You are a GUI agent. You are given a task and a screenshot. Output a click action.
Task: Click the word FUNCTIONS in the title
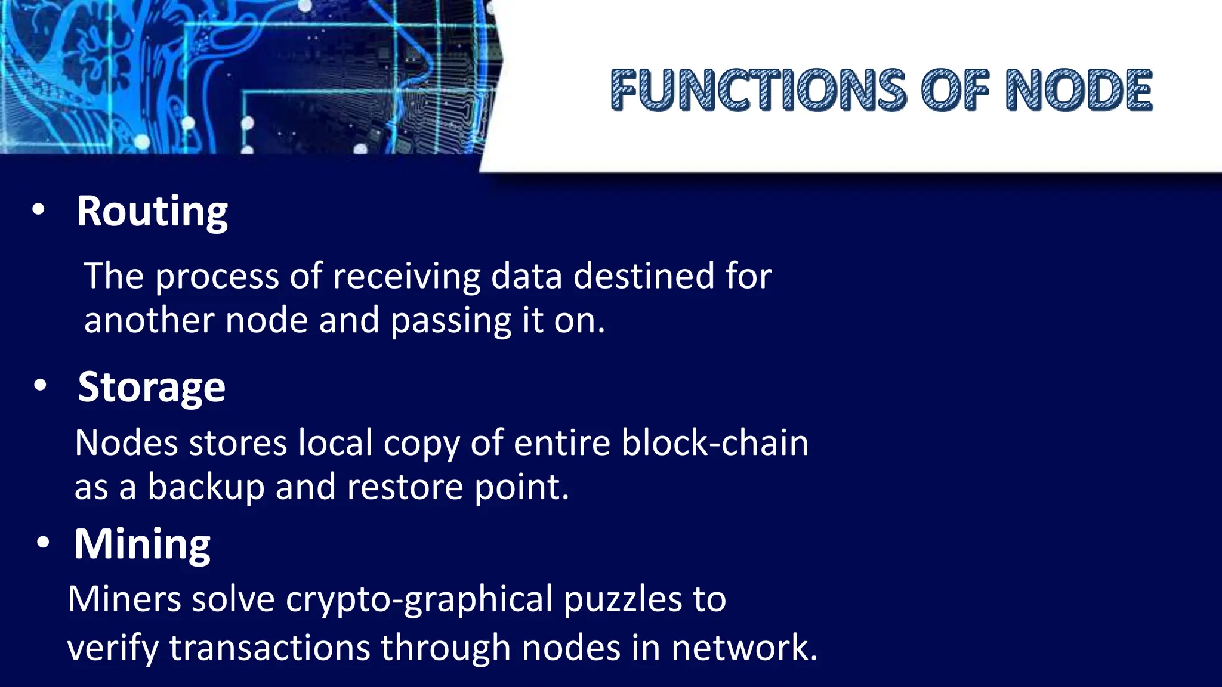(x=758, y=90)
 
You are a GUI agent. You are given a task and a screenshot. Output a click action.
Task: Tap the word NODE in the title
(x=1079, y=90)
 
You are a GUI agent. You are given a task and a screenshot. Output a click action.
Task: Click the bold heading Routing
(x=152, y=212)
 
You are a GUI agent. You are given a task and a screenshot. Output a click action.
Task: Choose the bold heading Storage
(x=152, y=388)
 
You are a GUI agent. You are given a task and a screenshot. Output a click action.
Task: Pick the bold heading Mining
(x=142, y=544)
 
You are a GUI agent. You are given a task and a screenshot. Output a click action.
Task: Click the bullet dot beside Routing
(x=39, y=210)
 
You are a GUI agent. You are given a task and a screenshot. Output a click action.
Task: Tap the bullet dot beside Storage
(x=40, y=386)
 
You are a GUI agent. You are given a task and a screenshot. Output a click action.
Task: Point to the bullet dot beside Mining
(x=42, y=543)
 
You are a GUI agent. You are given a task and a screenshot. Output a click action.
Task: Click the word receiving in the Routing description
(x=406, y=277)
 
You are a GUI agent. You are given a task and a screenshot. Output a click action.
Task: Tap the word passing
(x=450, y=321)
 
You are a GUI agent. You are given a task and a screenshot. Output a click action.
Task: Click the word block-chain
(x=715, y=443)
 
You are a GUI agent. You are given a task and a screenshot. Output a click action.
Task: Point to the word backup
(x=206, y=488)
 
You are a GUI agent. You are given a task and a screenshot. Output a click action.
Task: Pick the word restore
(x=405, y=487)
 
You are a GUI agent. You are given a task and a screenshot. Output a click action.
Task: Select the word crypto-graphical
(x=419, y=600)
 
